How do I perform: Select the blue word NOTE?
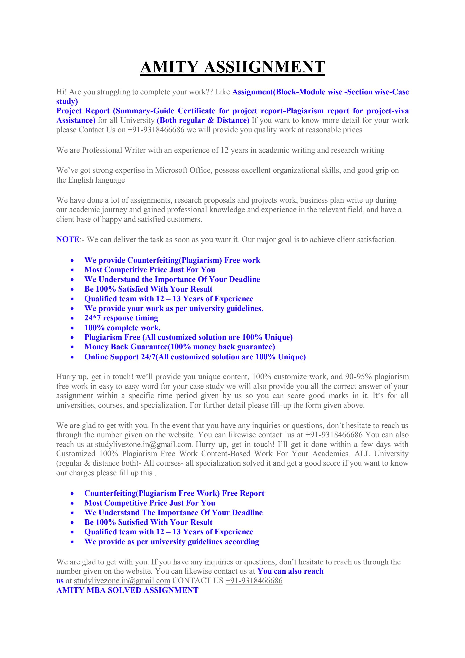tap(67, 240)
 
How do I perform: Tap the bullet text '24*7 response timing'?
tap(121, 318)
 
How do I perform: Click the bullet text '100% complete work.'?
tap(122, 328)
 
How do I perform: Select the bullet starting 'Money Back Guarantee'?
tap(180, 347)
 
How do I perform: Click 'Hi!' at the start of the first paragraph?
tap(61, 92)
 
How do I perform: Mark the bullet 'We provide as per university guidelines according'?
tap(171, 542)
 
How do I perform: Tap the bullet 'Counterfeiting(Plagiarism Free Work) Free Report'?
tap(174, 493)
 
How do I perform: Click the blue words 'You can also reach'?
tap(290, 571)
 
